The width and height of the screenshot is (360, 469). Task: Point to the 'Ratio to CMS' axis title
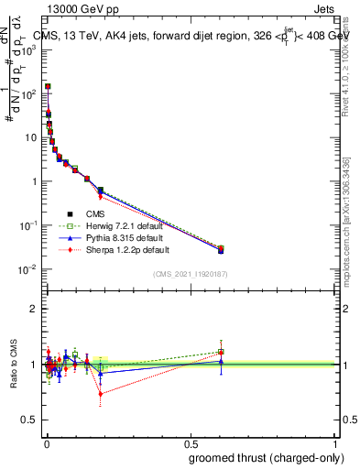point(13,365)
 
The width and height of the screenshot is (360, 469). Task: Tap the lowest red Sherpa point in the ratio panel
point(101,394)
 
